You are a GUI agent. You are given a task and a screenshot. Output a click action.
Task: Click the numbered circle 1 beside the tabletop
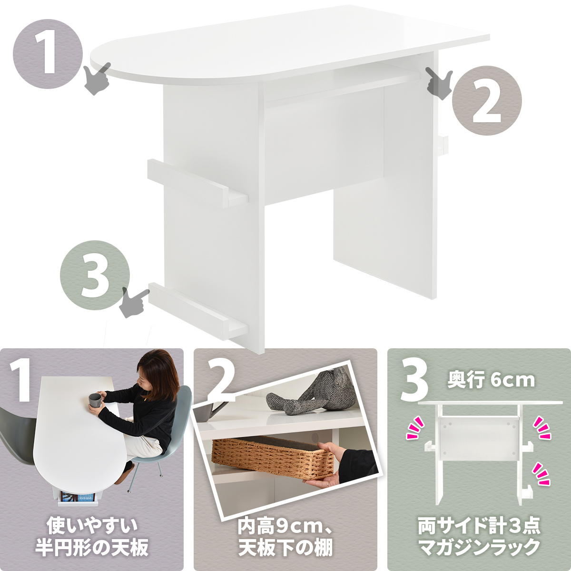click(x=48, y=53)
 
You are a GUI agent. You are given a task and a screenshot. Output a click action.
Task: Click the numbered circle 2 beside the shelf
click(x=486, y=99)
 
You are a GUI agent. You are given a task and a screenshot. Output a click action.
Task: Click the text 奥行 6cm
click(x=491, y=381)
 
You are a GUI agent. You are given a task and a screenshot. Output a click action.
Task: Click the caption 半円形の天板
click(x=91, y=549)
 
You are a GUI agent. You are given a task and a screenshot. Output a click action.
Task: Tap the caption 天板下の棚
click(x=285, y=549)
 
